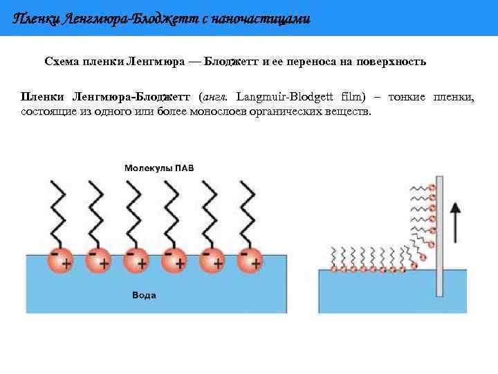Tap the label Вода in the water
[x=144, y=295]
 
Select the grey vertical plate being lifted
[x=439, y=235]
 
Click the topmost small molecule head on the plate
[x=432, y=187]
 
